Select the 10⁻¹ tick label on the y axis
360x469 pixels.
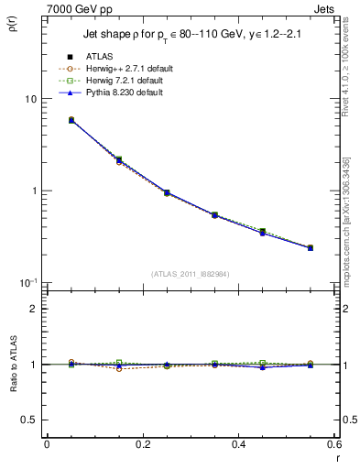pos(27,282)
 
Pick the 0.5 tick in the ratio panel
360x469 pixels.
pos(30,420)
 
